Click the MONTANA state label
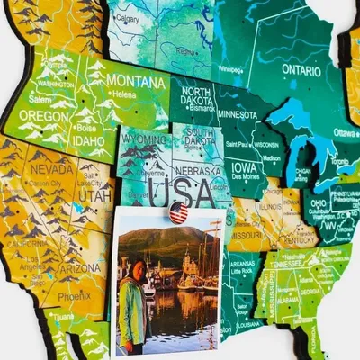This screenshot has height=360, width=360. (x=135, y=81)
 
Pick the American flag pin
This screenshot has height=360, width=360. (x=178, y=212)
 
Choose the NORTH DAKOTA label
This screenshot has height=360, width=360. (x=197, y=96)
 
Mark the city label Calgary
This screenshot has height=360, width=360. (x=129, y=18)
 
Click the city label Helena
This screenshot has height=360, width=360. (x=125, y=94)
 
